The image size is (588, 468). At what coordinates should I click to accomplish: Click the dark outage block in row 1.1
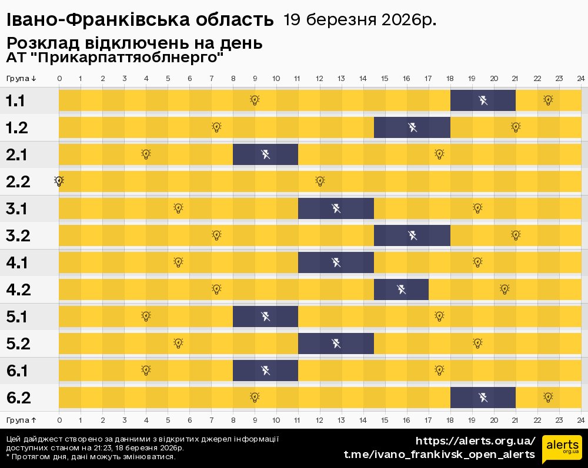click(483, 100)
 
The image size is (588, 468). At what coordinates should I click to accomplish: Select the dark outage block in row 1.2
click(412, 127)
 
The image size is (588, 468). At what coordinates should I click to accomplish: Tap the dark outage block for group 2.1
click(265, 154)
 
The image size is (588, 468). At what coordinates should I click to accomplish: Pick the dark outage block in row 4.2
click(401, 289)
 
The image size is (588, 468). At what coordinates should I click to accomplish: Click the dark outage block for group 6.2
click(483, 398)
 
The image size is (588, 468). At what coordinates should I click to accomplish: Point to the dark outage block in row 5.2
click(336, 344)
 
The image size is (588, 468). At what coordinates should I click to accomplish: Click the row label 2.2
click(18, 182)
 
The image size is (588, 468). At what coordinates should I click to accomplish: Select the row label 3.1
click(16, 209)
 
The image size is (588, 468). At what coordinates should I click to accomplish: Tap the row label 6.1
click(16, 371)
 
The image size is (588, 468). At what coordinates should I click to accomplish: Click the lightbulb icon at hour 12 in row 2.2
click(320, 181)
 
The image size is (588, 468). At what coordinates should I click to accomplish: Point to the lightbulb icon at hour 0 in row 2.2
click(59, 181)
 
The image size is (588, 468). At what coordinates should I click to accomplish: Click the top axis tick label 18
click(450, 79)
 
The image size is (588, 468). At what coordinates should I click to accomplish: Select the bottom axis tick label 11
click(298, 420)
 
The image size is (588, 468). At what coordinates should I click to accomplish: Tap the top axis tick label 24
click(580, 79)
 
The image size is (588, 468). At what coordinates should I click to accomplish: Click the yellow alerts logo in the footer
click(562, 449)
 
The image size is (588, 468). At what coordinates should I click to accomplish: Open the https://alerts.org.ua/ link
click(475, 441)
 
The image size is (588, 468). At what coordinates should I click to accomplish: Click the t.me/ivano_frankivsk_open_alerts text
click(439, 454)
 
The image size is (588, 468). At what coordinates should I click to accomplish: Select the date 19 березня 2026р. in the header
click(360, 20)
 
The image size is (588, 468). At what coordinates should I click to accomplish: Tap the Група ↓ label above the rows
click(21, 79)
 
